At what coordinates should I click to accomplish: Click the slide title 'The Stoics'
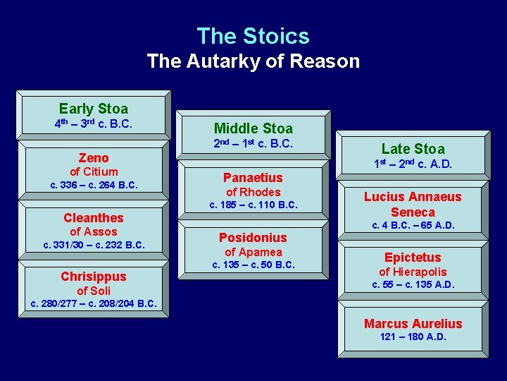click(253, 36)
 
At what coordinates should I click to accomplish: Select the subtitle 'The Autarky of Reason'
click(253, 61)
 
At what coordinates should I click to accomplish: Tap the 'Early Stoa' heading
click(94, 109)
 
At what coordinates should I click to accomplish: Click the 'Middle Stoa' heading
click(253, 128)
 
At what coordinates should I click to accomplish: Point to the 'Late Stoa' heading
click(413, 149)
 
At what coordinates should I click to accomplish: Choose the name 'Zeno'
click(94, 158)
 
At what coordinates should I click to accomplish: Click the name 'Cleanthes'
click(94, 218)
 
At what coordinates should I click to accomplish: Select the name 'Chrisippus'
click(94, 277)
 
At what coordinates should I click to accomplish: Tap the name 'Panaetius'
click(253, 178)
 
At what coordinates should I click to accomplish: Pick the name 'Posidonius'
click(253, 238)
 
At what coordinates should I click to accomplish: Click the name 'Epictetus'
click(413, 258)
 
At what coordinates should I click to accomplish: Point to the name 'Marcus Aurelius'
click(413, 324)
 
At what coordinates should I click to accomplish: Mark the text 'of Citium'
click(94, 171)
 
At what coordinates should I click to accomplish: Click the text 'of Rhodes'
click(253, 192)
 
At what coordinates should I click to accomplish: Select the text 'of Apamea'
click(253, 252)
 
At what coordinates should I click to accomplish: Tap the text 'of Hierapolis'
click(413, 272)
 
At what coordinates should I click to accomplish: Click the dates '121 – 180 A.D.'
click(413, 337)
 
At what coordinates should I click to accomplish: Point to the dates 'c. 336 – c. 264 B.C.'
click(94, 186)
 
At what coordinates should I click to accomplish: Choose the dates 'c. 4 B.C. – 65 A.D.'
click(413, 226)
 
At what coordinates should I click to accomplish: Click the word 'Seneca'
click(413, 212)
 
